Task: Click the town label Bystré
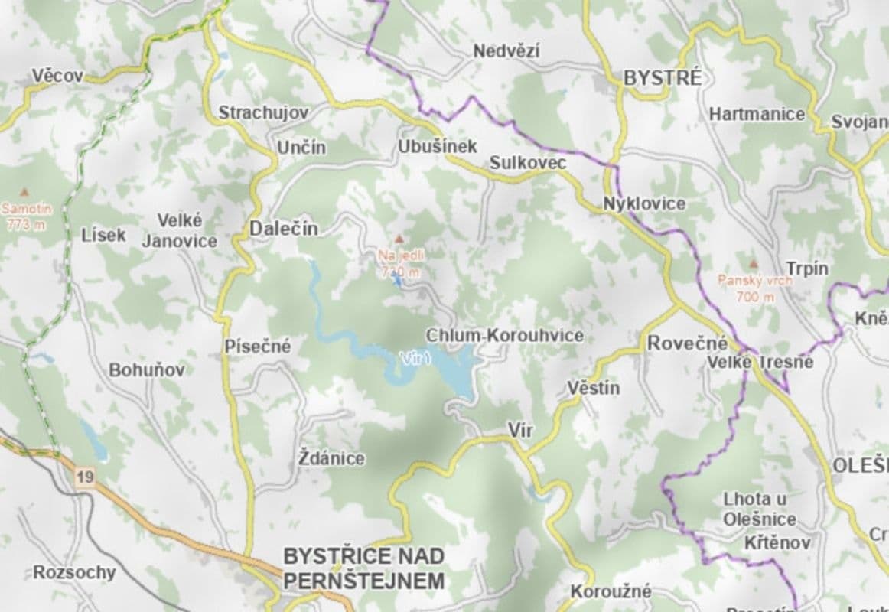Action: [663, 78]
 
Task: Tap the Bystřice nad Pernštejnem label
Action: [363, 568]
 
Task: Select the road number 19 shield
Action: [85, 477]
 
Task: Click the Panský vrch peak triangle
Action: [754, 264]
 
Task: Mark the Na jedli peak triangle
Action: [399, 239]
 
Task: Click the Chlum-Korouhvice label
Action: [504, 335]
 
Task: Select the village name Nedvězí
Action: [506, 51]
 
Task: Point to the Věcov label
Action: [57, 76]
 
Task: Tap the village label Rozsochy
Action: [74, 572]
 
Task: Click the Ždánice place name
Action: [331, 459]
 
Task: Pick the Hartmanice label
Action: [757, 114]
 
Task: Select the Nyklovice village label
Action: [644, 204]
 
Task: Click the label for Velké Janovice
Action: [180, 230]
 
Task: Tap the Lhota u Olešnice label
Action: [757, 509]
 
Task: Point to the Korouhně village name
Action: [611, 591]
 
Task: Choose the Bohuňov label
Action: [147, 370]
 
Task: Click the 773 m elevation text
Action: [25, 224]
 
